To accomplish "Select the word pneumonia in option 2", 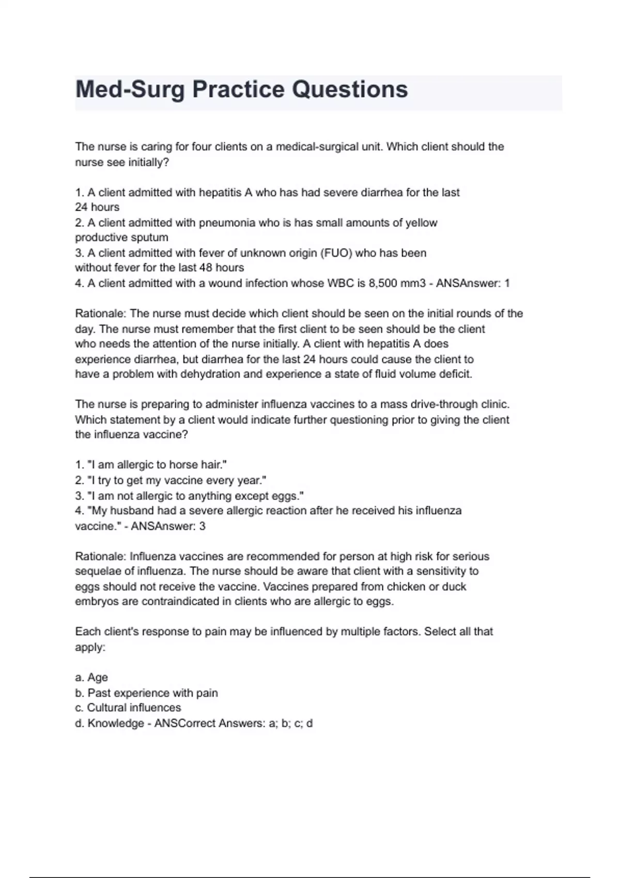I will (x=227, y=223).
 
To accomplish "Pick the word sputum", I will (x=151, y=238).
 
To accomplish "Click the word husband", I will (x=136, y=511).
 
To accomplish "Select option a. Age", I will (x=91, y=677).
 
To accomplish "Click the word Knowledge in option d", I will (x=116, y=723).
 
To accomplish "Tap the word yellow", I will (x=421, y=223).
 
